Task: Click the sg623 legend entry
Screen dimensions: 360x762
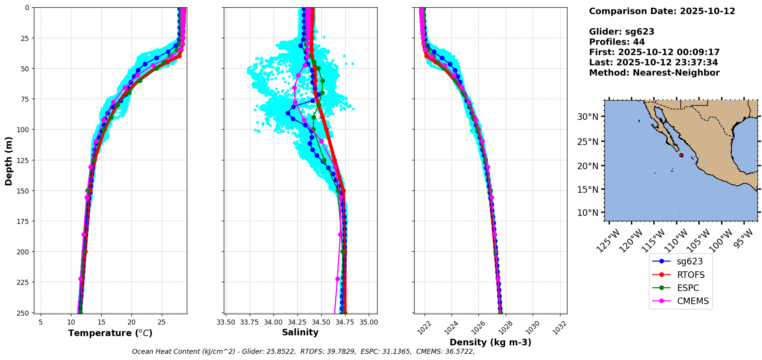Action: (x=689, y=261)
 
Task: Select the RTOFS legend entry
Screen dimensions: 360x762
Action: (x=690, y=275)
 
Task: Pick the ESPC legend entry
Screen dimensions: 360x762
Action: (x=688, y=288)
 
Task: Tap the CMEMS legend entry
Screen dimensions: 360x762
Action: (x=692, y=301)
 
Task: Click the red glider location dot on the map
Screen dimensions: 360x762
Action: (x=681, y=155)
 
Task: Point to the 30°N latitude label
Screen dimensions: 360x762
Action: (x=587, y=117)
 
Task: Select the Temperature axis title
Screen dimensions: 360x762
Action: (x=110, y=333)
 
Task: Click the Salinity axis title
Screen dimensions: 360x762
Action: (x=300, y=332)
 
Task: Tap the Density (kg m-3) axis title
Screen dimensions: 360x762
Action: (x=490, y=342)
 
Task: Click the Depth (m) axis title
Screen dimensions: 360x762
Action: (x=8, y=161)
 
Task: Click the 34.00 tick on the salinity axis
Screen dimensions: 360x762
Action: (x=274, y=322)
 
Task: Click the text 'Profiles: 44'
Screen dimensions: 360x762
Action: (x=617, y=42)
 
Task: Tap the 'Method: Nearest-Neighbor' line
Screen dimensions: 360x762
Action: (x=654, y=73)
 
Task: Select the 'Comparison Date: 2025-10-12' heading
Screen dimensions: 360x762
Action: (x=662, y=11)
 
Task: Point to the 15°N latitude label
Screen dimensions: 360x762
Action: (x=587, y=190)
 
